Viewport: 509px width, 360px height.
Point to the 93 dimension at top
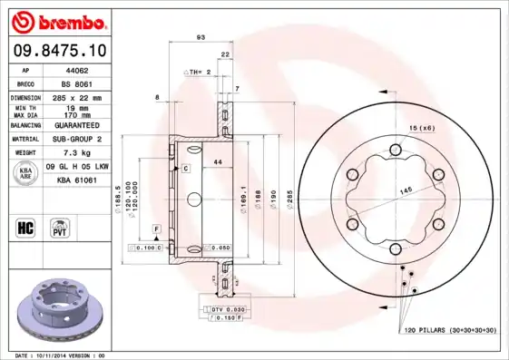point(200,37)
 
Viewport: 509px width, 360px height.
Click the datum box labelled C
point(185,169)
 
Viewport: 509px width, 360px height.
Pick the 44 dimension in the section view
point(218,161)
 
